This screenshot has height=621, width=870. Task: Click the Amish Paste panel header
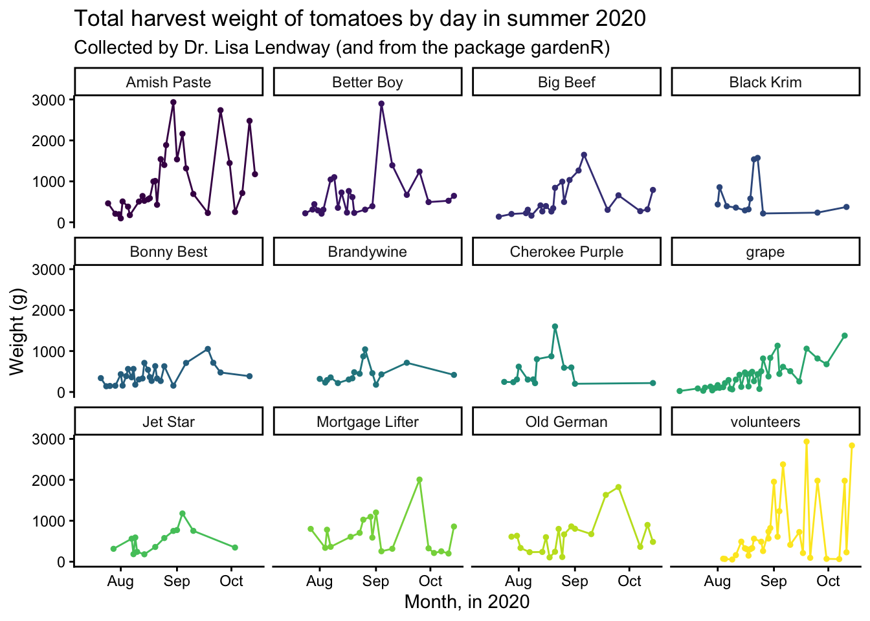click(168, 82)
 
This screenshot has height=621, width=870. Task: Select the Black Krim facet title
click(765, 82)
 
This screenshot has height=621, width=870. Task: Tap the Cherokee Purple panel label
click(566, 252)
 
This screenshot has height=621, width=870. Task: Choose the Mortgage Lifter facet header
click(368, 422)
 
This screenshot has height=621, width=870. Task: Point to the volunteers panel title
click(765, 422)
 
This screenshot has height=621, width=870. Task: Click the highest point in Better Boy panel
click(381, 103)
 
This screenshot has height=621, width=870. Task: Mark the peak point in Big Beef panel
click(584, 155)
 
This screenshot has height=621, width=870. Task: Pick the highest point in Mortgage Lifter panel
click(419, 480)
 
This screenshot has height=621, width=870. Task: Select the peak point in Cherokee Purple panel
click(555, 327)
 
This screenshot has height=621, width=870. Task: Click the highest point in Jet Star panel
click(182, 514)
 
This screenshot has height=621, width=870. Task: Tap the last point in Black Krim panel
click(846, 207)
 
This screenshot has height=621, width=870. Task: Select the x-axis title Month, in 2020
click(467, 602)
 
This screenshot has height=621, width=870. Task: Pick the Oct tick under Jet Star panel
click(231, 581)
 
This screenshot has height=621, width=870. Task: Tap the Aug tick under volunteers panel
click(717, 581)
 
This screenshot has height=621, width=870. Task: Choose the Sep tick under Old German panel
click(575, 581)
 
